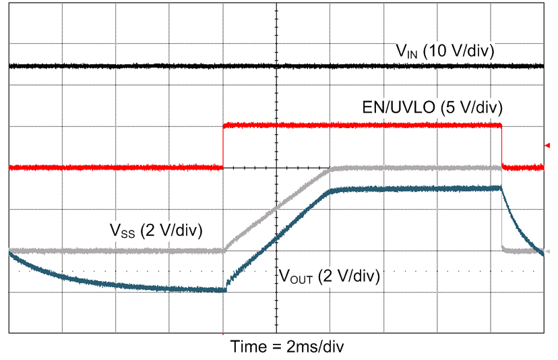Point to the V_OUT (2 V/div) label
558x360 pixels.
point(330,276)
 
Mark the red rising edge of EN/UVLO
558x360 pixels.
point(223,146)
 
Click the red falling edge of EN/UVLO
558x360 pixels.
point(502,146)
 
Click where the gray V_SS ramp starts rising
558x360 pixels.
point(224,250)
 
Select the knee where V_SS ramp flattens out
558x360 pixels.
point(330,169)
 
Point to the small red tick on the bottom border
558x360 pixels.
point(223,334)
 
